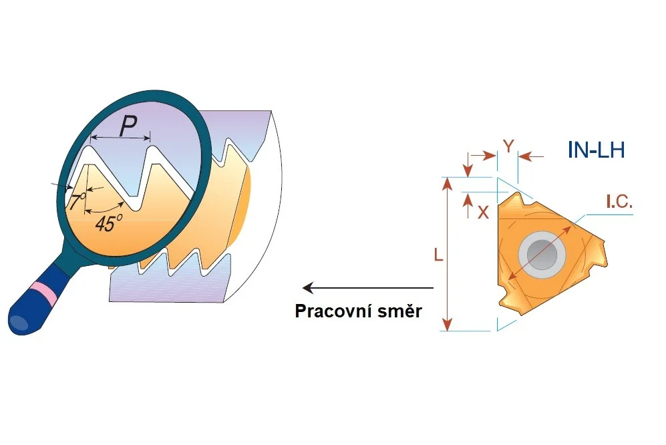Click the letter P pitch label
(x=128, y=126)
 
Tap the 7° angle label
(x=77, y=200)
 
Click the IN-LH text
(x=597, y=150)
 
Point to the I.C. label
(x=619, y=202)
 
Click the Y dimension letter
(x=508, y=146)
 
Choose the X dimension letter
(x=484, y=212)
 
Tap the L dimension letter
(x=438, y=255)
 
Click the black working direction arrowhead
(x=308, y=288)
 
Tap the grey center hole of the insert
(x=542, y=255)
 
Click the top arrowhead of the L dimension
(x=447, y=184)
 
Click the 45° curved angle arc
(x=104, y=209)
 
